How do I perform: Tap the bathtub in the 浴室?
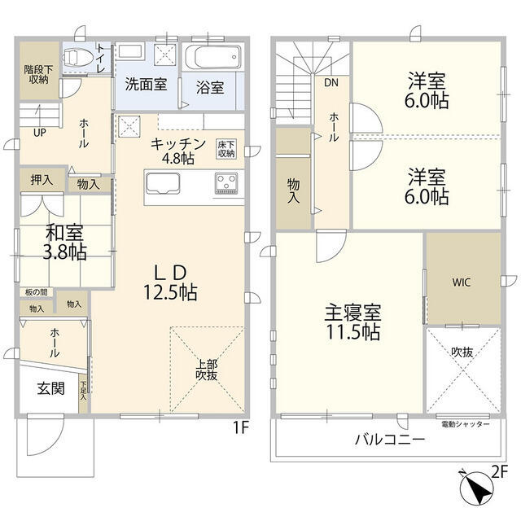pyautogui.click(x=213, y=59)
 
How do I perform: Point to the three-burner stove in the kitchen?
pyautogui.click(x=225, y=183)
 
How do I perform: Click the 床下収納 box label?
pyautogui.click(x=225, y=148)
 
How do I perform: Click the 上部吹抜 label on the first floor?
pyautogui.click(x=206, y=370)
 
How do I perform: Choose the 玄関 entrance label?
pyautogui.click(x=50, y=389)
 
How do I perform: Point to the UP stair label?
pyautogui.click(x=39, y=133)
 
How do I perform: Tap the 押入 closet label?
pyautogui.click(x=42, y=180)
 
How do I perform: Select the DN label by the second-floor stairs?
pyautogui.click(x=331, y=83)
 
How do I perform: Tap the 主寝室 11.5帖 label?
pyautogui.click(x=352, y=322)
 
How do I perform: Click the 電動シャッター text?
pyautogui.click(x=466, y=425)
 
